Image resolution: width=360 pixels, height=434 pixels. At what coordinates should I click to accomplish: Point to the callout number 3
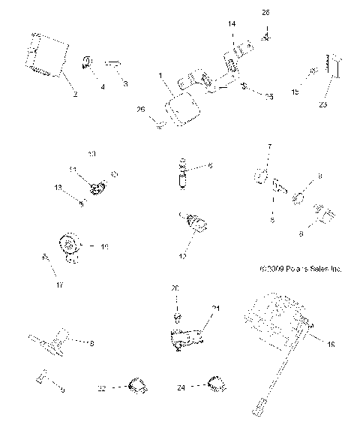125,85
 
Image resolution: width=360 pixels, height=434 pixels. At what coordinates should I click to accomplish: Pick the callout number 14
232,25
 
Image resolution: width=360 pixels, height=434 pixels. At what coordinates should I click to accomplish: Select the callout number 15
294,92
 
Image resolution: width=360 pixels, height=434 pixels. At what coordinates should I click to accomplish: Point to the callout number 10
91,154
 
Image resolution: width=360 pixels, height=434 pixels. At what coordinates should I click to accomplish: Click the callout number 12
182,256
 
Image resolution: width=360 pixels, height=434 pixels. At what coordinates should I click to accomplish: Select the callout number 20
175,288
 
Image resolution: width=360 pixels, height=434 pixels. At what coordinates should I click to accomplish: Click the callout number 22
100,388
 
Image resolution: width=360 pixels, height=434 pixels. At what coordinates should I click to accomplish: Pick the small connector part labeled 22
136,385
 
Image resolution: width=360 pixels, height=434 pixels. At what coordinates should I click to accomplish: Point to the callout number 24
181,388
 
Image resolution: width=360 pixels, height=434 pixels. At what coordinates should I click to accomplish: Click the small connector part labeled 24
214,383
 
